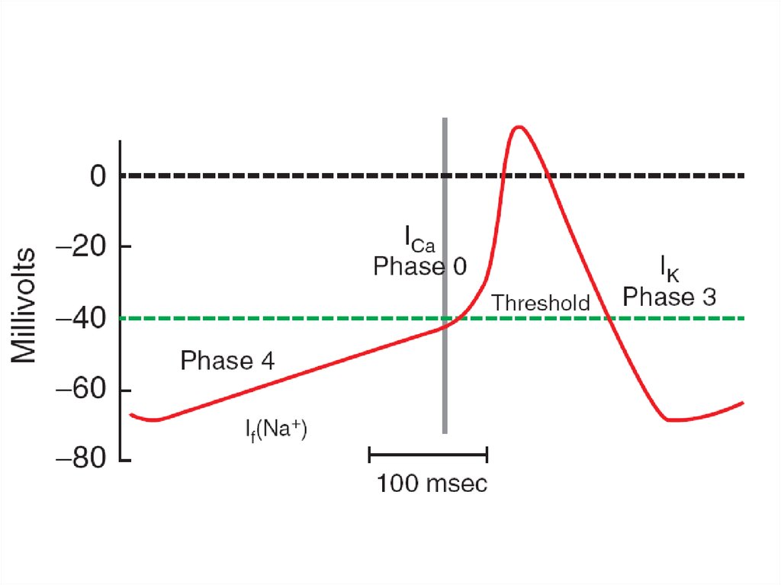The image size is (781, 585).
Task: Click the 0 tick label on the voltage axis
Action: [x=98, y=176]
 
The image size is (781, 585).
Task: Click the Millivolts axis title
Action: [x=24, y=305]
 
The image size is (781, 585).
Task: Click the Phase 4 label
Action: [x=227, y=360]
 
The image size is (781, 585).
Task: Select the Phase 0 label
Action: [x=420, y=266]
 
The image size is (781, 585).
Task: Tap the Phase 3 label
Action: [x=670, y=297]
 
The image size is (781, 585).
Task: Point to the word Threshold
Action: [x=541, y=303]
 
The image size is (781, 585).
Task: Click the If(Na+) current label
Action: [x=276, y=429]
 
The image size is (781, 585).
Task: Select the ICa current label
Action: [x=419, y=239]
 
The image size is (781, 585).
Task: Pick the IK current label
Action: [x=670, y=268]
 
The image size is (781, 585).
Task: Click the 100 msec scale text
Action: [x=432, y=484]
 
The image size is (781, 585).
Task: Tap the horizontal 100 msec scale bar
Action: [x=428, y=455]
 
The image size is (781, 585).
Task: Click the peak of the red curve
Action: [x=519, y=127]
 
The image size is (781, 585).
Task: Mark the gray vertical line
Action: [x=445, y=275]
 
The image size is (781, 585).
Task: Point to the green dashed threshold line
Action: [x=432, y=318]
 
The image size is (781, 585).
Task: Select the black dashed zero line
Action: [x=432, y=175]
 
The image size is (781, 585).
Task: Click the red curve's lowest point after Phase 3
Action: [x=673, y=419]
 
